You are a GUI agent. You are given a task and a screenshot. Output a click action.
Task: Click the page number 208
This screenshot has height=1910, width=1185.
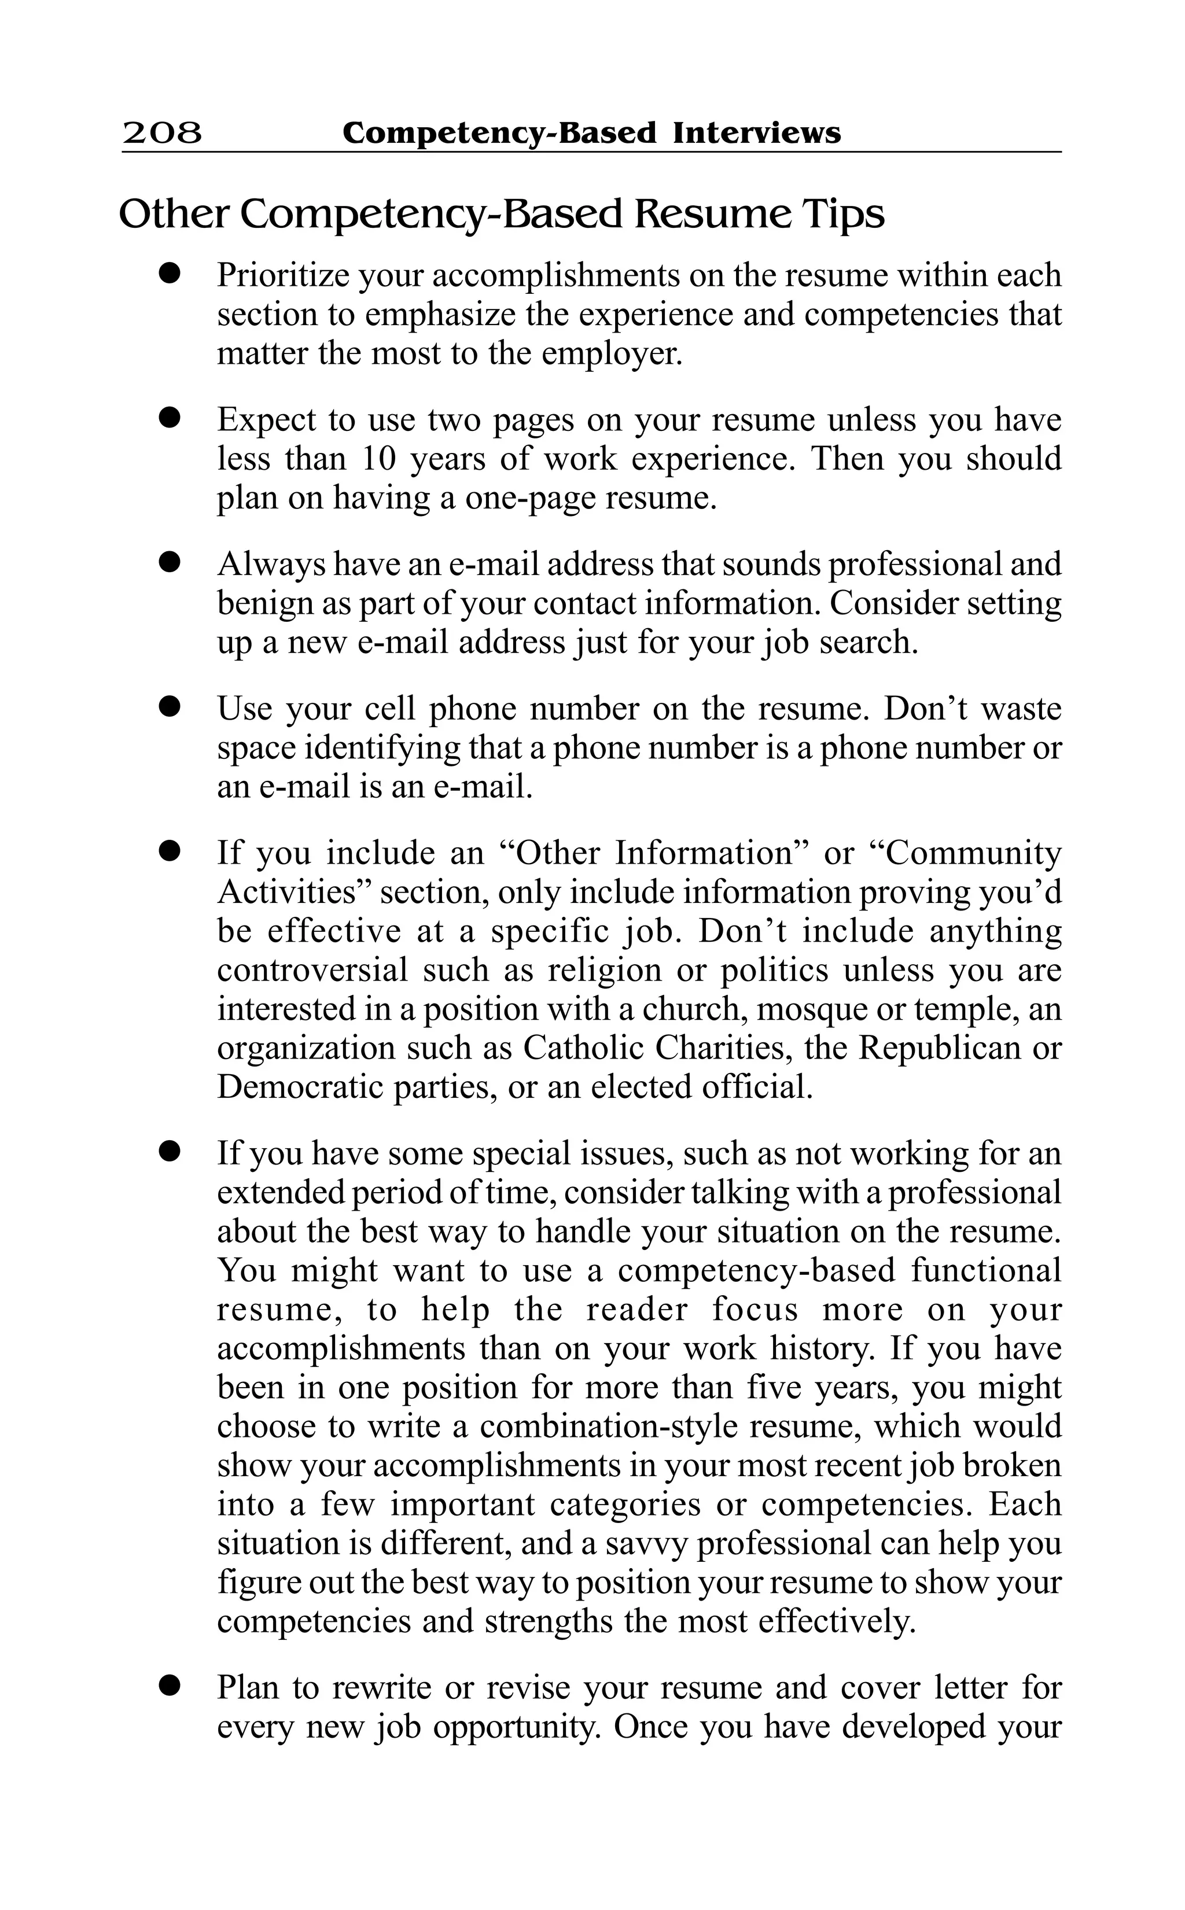(162, 133)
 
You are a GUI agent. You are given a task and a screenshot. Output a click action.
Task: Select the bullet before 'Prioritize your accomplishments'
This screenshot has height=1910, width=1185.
(168, 274)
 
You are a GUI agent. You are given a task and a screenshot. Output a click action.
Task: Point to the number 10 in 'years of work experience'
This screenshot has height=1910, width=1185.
(380, 459)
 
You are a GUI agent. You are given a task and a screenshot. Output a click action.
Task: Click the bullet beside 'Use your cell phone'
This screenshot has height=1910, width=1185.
(168, 707)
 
